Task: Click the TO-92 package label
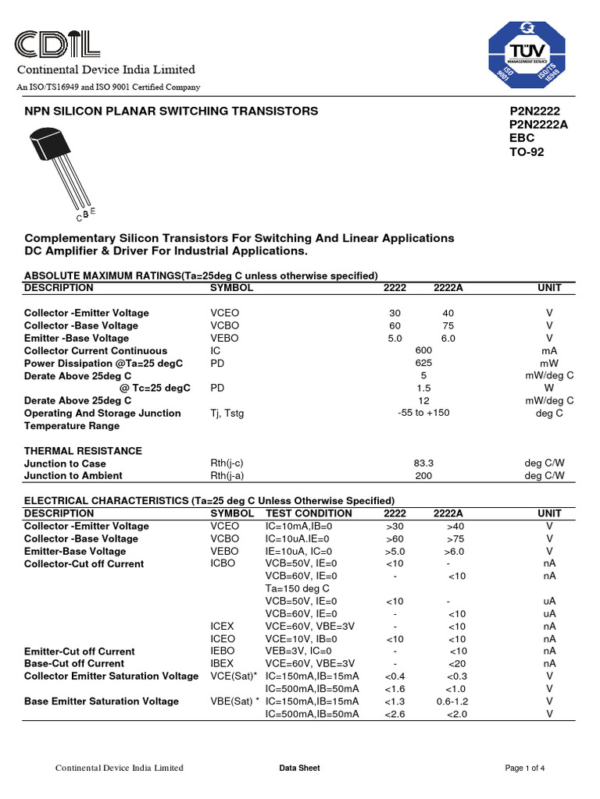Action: (526, 152)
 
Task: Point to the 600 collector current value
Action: (423, 350)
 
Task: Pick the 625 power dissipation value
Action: (423, 363)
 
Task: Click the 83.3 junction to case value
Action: (423, 463)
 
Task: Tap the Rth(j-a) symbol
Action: (227, 475)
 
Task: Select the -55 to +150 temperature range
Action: (423, 413)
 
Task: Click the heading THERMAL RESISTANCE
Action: (83, 450)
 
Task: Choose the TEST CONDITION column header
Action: (309, 513)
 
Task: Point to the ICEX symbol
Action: (222, 626)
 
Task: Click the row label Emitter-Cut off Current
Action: (79, 651)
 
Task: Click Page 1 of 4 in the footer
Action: (525, 768)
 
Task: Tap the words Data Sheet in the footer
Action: (299, 768)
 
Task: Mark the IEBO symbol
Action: (222, 651)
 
